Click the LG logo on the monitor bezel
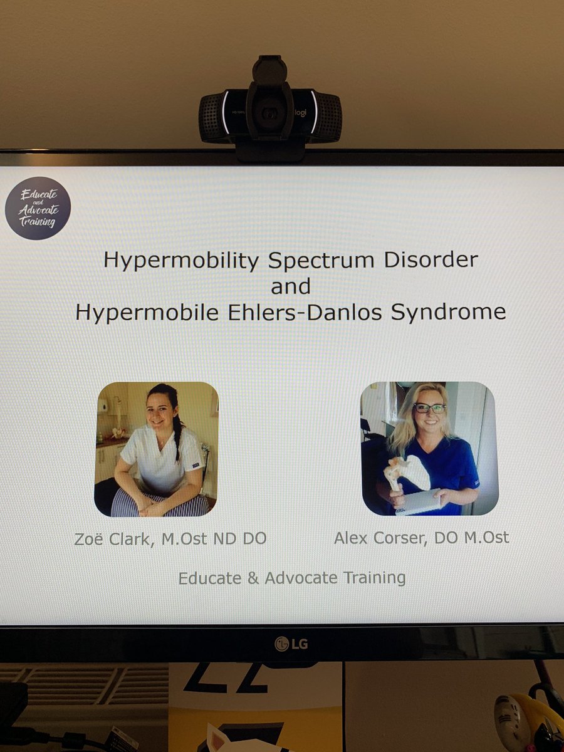(291, 643)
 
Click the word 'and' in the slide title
(291, 286)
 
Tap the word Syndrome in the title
(448, 312)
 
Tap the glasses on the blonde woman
(429, 408)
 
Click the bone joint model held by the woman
(407, 472)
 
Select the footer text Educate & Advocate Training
(291, 577)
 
